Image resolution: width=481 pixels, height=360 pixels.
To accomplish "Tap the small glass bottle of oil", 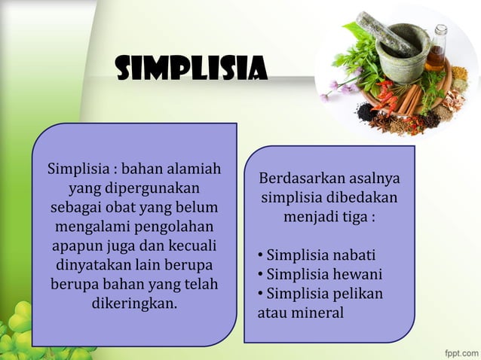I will (437, 50).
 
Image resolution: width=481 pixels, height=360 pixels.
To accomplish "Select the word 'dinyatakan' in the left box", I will (91, 266).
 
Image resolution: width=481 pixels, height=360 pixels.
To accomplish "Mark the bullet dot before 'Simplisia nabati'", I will (260, 255).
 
